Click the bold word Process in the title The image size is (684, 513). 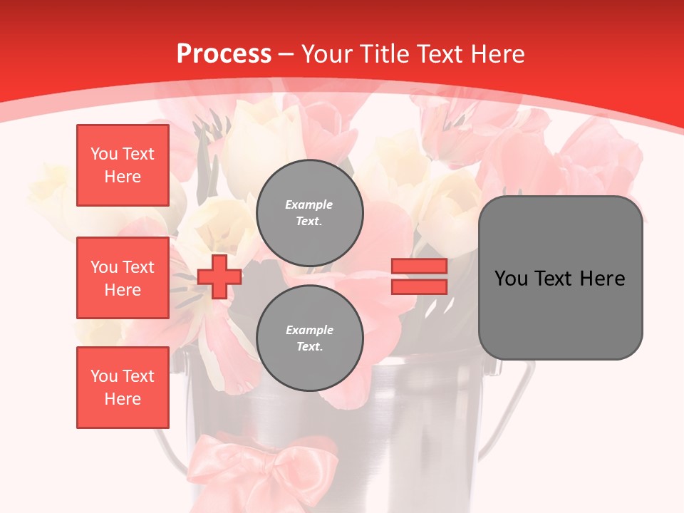click(x=224, y=54)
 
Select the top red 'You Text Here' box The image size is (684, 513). click(x=123, y=165)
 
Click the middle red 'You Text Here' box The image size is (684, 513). click(x=123, y=278)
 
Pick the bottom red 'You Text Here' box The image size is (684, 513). click(x=123, y=388)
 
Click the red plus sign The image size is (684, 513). click(x=219, y=276)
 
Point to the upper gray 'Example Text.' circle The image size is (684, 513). click(x=310, y=213)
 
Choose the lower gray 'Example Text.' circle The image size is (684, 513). click(x=310, y=338)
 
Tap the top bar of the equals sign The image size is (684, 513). click(x=419, y=266)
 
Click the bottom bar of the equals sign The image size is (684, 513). click(x=419, y=287)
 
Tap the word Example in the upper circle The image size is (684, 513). click(x=309, y=204)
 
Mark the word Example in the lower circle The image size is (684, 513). click(x=309, y=330)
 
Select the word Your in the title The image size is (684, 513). click(x=327, y=54)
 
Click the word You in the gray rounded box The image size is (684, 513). click(x=511, y=279)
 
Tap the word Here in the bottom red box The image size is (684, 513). click(x=123, y=399)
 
